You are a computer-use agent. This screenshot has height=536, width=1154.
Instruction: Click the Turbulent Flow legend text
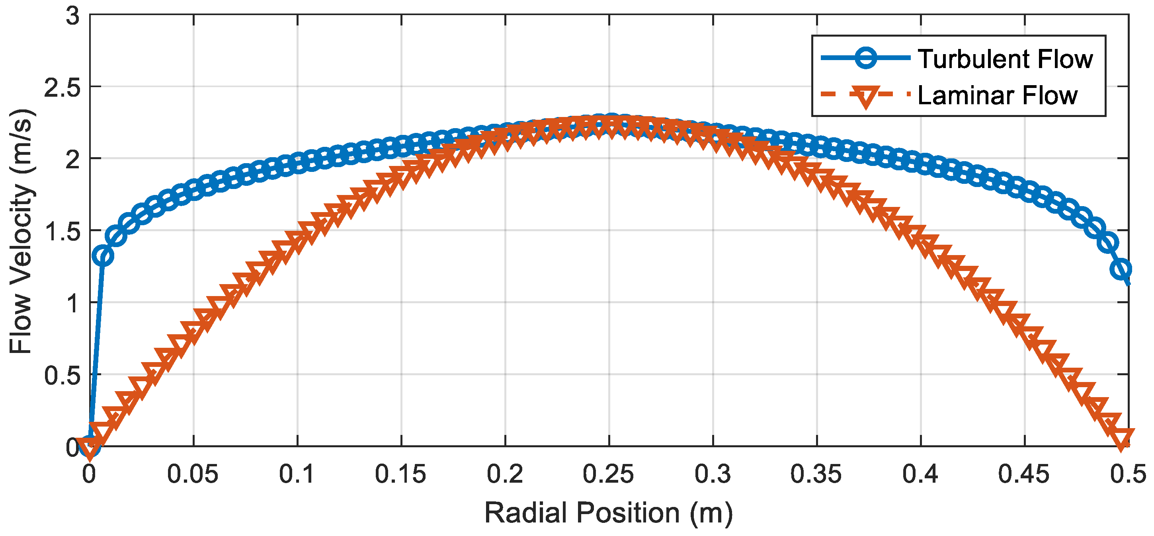tap(1005, 59)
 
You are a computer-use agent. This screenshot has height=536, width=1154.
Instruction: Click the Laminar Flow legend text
tap(997, 96)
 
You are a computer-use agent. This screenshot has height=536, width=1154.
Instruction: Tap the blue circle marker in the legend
tap(865, 58)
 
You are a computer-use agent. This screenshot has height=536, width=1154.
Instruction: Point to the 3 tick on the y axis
tap(72, 17)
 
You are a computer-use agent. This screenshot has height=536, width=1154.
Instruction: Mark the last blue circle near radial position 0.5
tap(1121, 269)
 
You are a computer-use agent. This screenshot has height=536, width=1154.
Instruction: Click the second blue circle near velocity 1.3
tap(103, 256)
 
